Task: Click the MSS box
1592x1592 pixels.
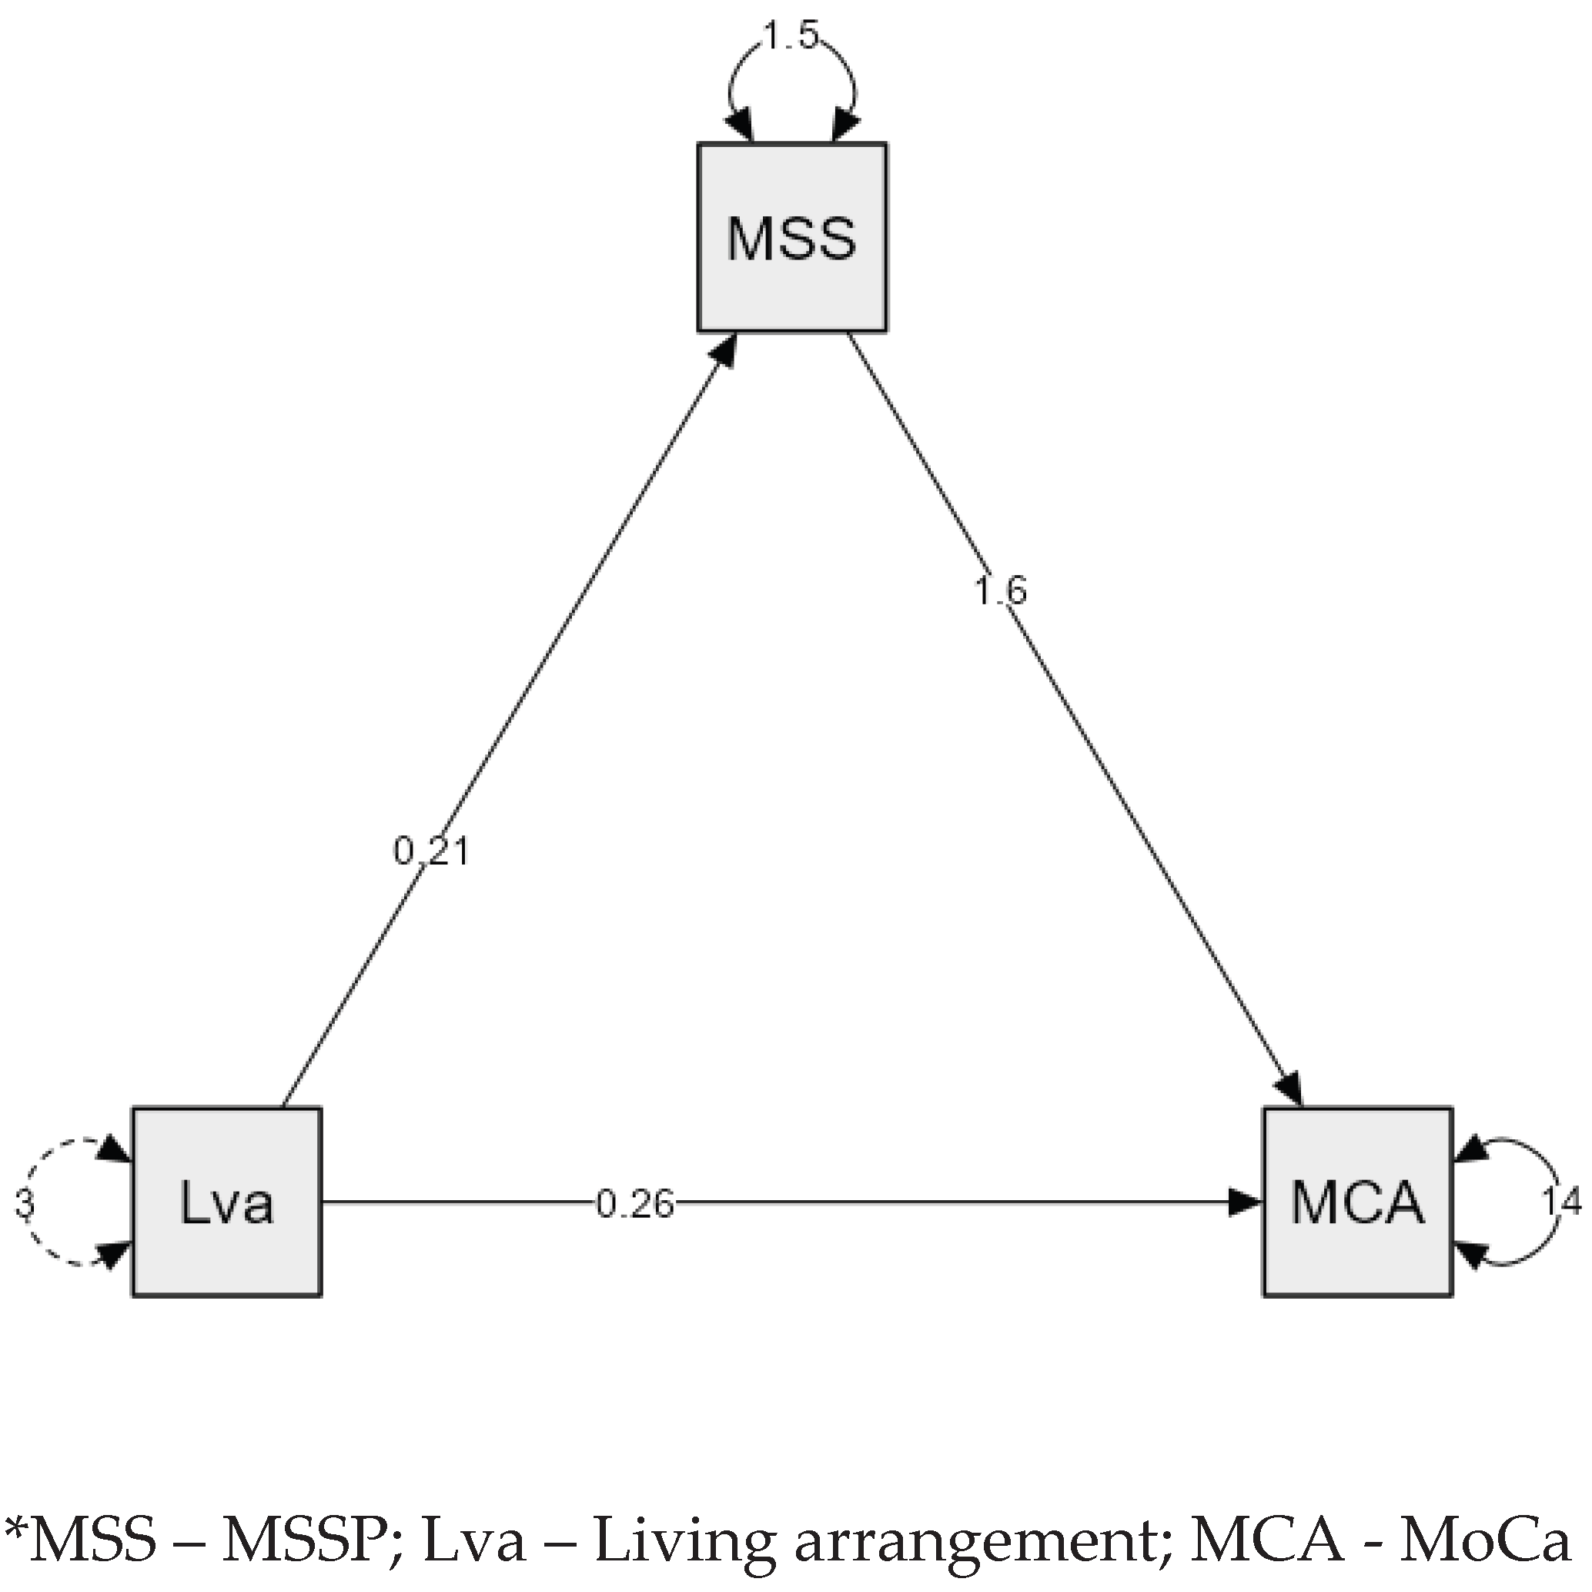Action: coord(792,237)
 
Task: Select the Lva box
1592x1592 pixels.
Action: coord(226,1203)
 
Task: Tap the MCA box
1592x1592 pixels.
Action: coord(1357,1203)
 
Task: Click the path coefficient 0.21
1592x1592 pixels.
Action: coord(431,851)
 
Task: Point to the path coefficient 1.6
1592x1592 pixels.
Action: coord(999,590)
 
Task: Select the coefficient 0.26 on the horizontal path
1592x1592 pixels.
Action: coord(634,1205)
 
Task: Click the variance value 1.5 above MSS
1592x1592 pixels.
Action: coord(791,36)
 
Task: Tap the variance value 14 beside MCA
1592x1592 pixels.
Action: coord(1561,1203)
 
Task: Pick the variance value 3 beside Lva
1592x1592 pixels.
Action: coord(25,1205)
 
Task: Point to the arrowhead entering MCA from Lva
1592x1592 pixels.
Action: coord(1244,1203)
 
